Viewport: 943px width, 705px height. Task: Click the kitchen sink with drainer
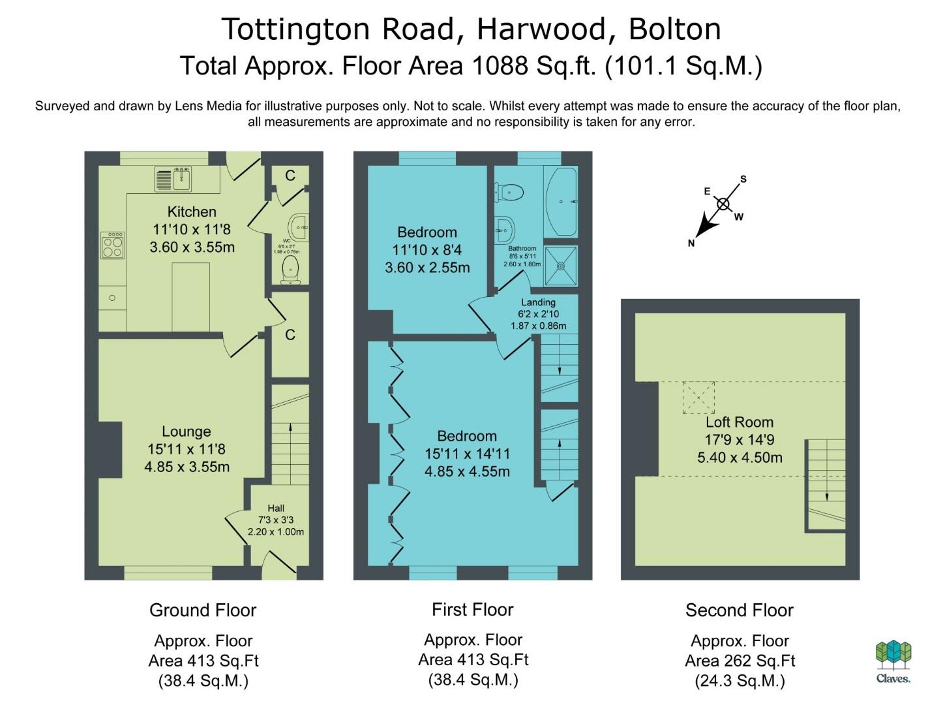click(173, 179)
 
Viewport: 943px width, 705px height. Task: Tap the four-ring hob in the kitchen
click(113, 245)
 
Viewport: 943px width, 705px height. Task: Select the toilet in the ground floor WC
click(291, 270)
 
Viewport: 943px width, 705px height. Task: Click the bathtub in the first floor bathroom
click(561, 202)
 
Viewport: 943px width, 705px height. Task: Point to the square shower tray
click(561, 266)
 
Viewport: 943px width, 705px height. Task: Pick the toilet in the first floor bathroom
click(509, 192)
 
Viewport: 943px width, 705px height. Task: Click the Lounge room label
click(186, 431)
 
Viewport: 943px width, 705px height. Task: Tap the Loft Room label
click(740, 422)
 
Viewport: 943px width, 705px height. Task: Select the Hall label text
click(276, 508)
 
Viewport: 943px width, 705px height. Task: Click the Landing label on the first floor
click(538, 302)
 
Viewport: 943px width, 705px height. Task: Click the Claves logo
click(893, 661)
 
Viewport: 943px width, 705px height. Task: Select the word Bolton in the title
click(675, 29)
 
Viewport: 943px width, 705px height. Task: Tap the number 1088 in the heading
click(500, 66)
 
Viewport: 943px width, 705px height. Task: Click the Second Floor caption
click(740, 610)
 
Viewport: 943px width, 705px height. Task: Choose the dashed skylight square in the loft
click(699, 397)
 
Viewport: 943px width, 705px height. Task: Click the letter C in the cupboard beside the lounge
click(290, 334)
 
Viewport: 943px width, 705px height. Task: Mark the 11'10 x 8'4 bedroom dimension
click(427, 250)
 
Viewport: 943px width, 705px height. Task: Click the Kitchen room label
click(192, 211)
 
